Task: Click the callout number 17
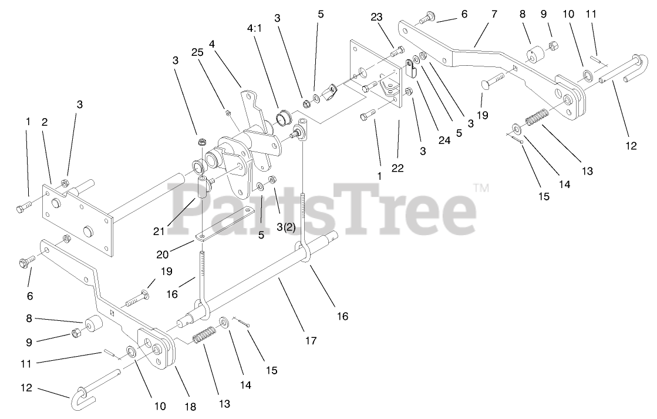pyautogui.click(x=310, y=340)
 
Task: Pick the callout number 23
pyautogui.click(x=377, y=18)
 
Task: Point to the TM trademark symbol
pyautogui.click(x=481, y=188)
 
